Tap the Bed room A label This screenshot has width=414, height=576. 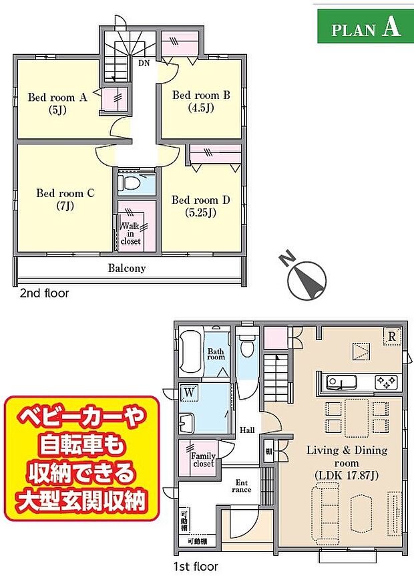[x=57, y=103]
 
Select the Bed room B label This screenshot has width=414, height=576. [x=201, y=101]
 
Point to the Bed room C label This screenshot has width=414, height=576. [x=65, y=199]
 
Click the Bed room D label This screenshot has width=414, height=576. [x=201, y=206]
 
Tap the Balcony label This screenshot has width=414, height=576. [x=126, y=269]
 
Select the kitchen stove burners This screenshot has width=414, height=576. [x=387, y=382]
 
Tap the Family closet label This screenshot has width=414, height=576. [x=202, y=460]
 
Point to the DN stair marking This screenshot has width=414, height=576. [x=144, y=64]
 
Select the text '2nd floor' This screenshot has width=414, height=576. [x=43, y=293]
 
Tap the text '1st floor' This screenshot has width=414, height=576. [x=195, y=567]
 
